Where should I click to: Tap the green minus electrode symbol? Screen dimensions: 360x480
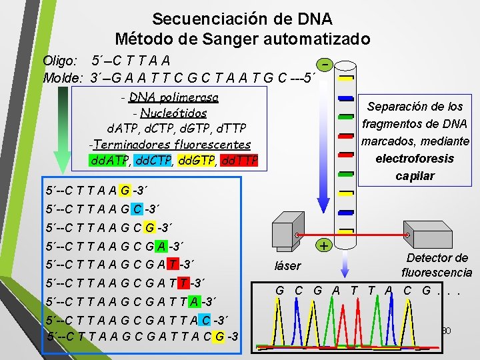[x=325, y=65]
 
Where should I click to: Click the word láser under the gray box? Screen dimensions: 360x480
[x=288, y=267]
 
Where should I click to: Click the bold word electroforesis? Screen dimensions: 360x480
[x=415, y=159]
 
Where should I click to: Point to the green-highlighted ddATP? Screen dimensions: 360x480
[x=109, y=161]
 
